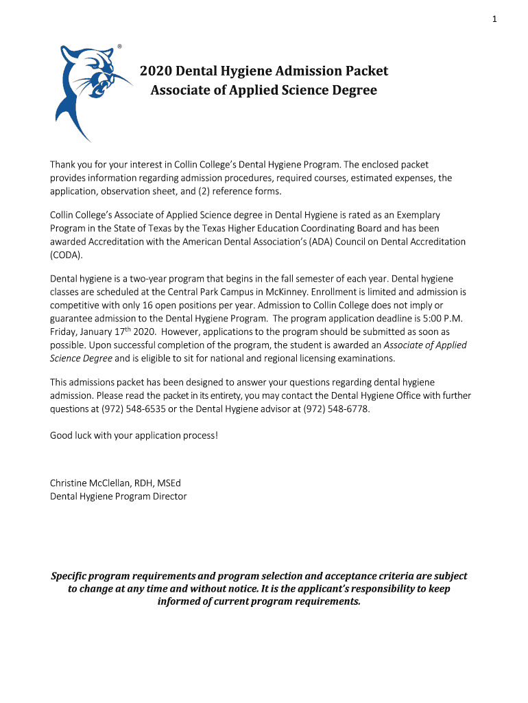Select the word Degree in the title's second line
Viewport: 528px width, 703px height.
pyautogui.click(x=353, y=90)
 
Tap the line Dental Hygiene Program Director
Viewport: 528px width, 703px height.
pyautogui.click(x=118, y=496)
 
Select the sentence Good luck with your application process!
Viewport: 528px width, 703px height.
pyautogui.click(x=134, y=435)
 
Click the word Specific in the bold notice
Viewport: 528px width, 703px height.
pyautogui.click(x=74, y=576)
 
